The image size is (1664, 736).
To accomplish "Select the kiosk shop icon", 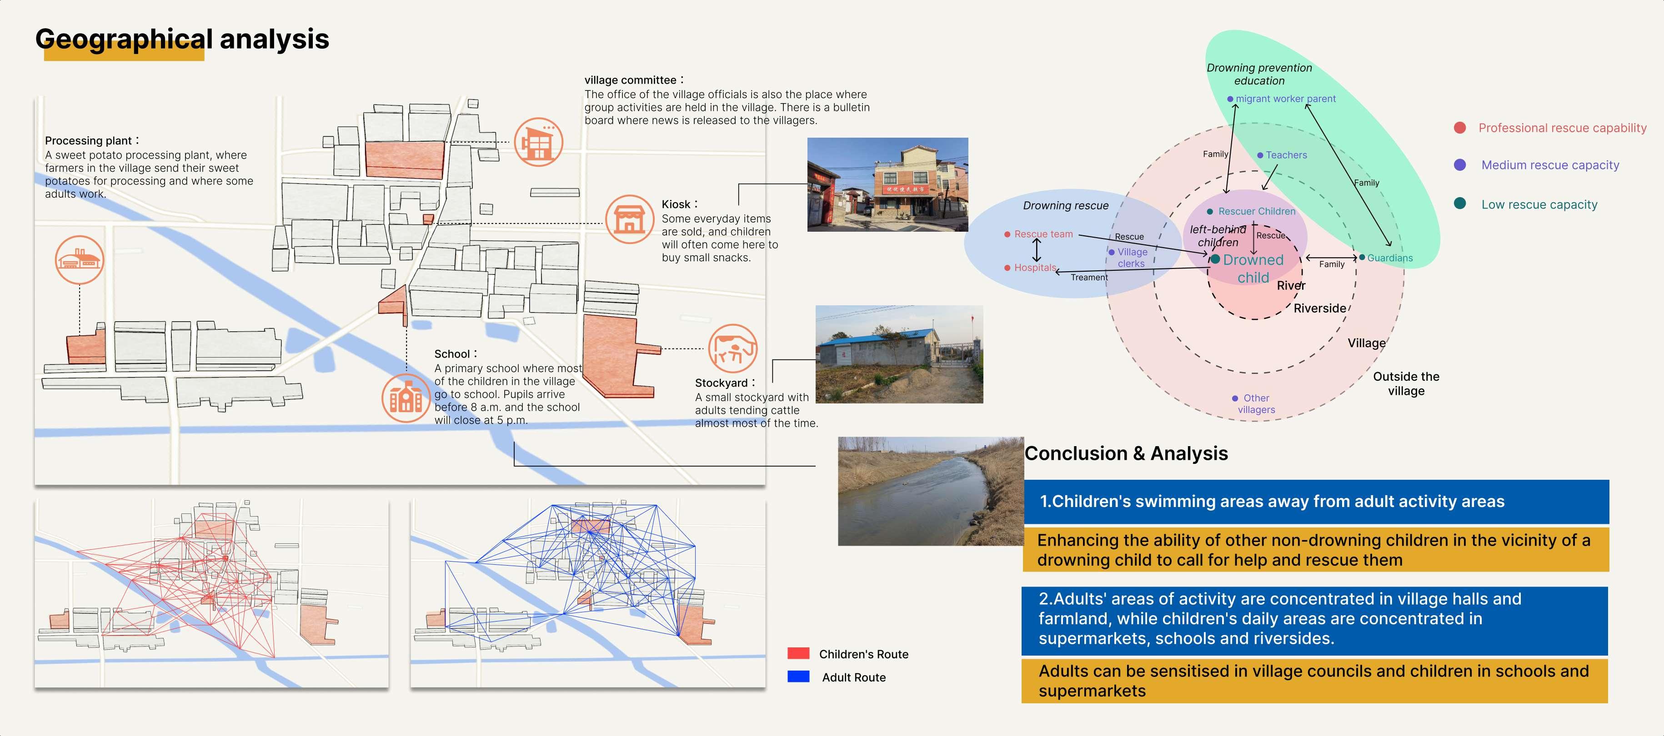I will (x=629, y=219).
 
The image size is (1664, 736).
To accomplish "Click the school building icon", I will (x=406, y=398).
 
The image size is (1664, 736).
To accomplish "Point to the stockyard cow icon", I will (x=732, y=348).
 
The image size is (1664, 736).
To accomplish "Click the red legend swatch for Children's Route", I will (x=798, y=653).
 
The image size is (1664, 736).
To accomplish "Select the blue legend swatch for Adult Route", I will (x=798, y=676).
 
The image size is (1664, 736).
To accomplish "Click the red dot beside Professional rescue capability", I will (x=1459, y=128).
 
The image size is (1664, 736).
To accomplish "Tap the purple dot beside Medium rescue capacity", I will (x=1459, y=164).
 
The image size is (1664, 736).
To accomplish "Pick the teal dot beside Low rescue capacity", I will (x=1459, y=204).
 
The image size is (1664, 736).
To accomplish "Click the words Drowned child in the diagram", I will (x=1253, y=269).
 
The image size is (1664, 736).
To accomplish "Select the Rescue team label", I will (x=1043, y=234).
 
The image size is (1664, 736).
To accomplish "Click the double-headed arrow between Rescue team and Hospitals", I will (x=1037, y=250).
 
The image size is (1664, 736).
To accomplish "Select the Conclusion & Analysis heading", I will (x=1126, y=453).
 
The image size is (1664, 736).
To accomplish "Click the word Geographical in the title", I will (x=123, y=40).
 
